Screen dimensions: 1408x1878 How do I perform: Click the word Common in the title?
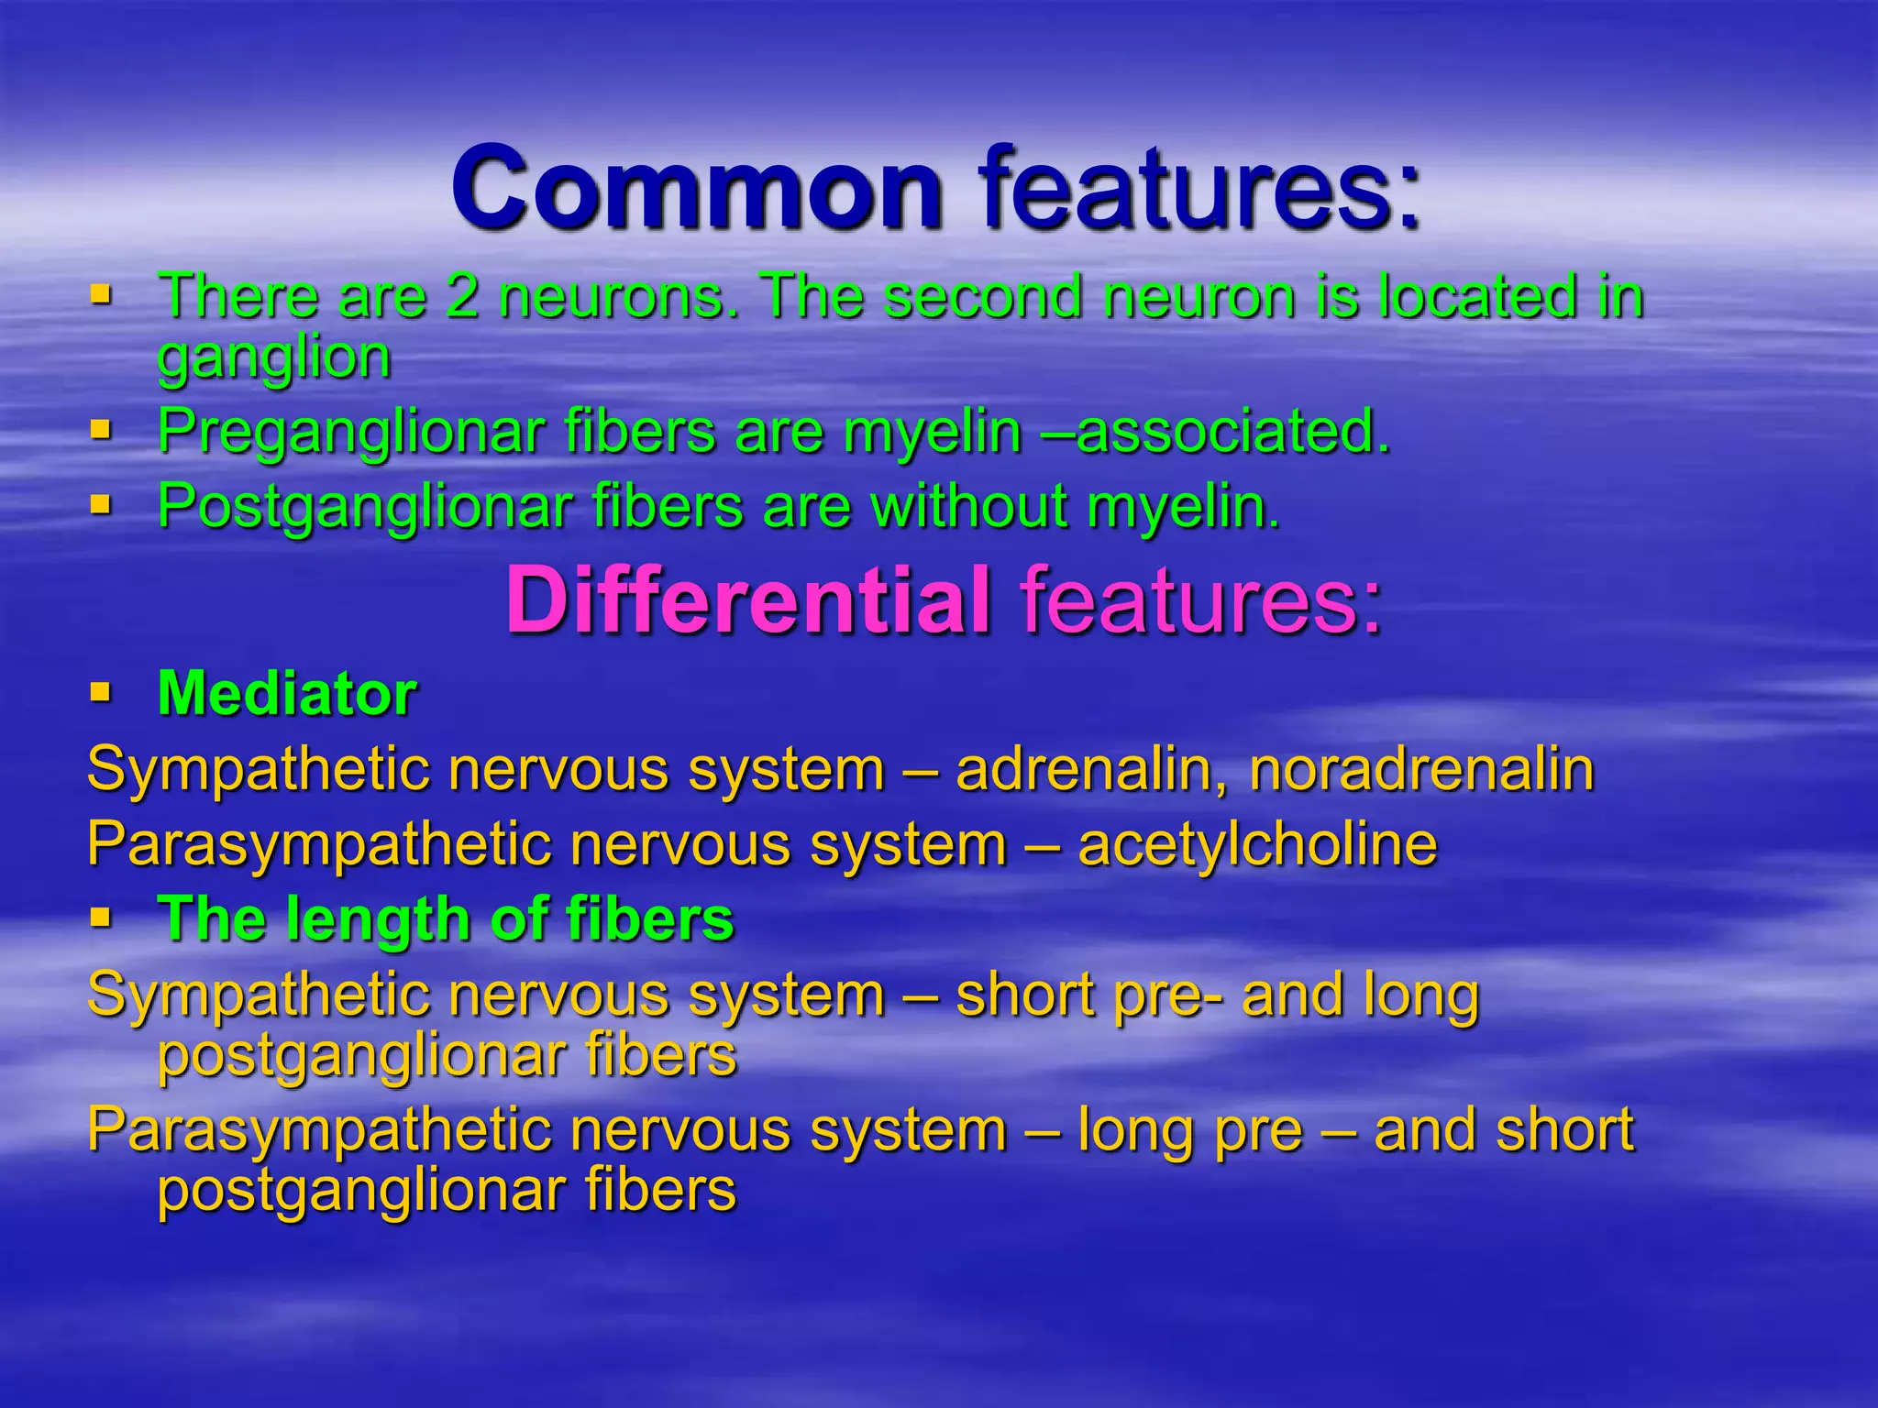697,190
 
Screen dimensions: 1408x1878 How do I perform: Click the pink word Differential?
747,600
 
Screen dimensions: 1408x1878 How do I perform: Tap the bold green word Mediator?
287,694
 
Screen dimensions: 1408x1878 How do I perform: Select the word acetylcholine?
1257,844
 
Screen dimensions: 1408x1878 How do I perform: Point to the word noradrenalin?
1421,769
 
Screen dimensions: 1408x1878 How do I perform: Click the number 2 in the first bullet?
462,297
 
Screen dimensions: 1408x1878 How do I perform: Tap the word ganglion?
273,357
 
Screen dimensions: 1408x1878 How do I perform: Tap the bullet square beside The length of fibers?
101,916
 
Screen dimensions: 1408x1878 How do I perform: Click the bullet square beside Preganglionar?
101,428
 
